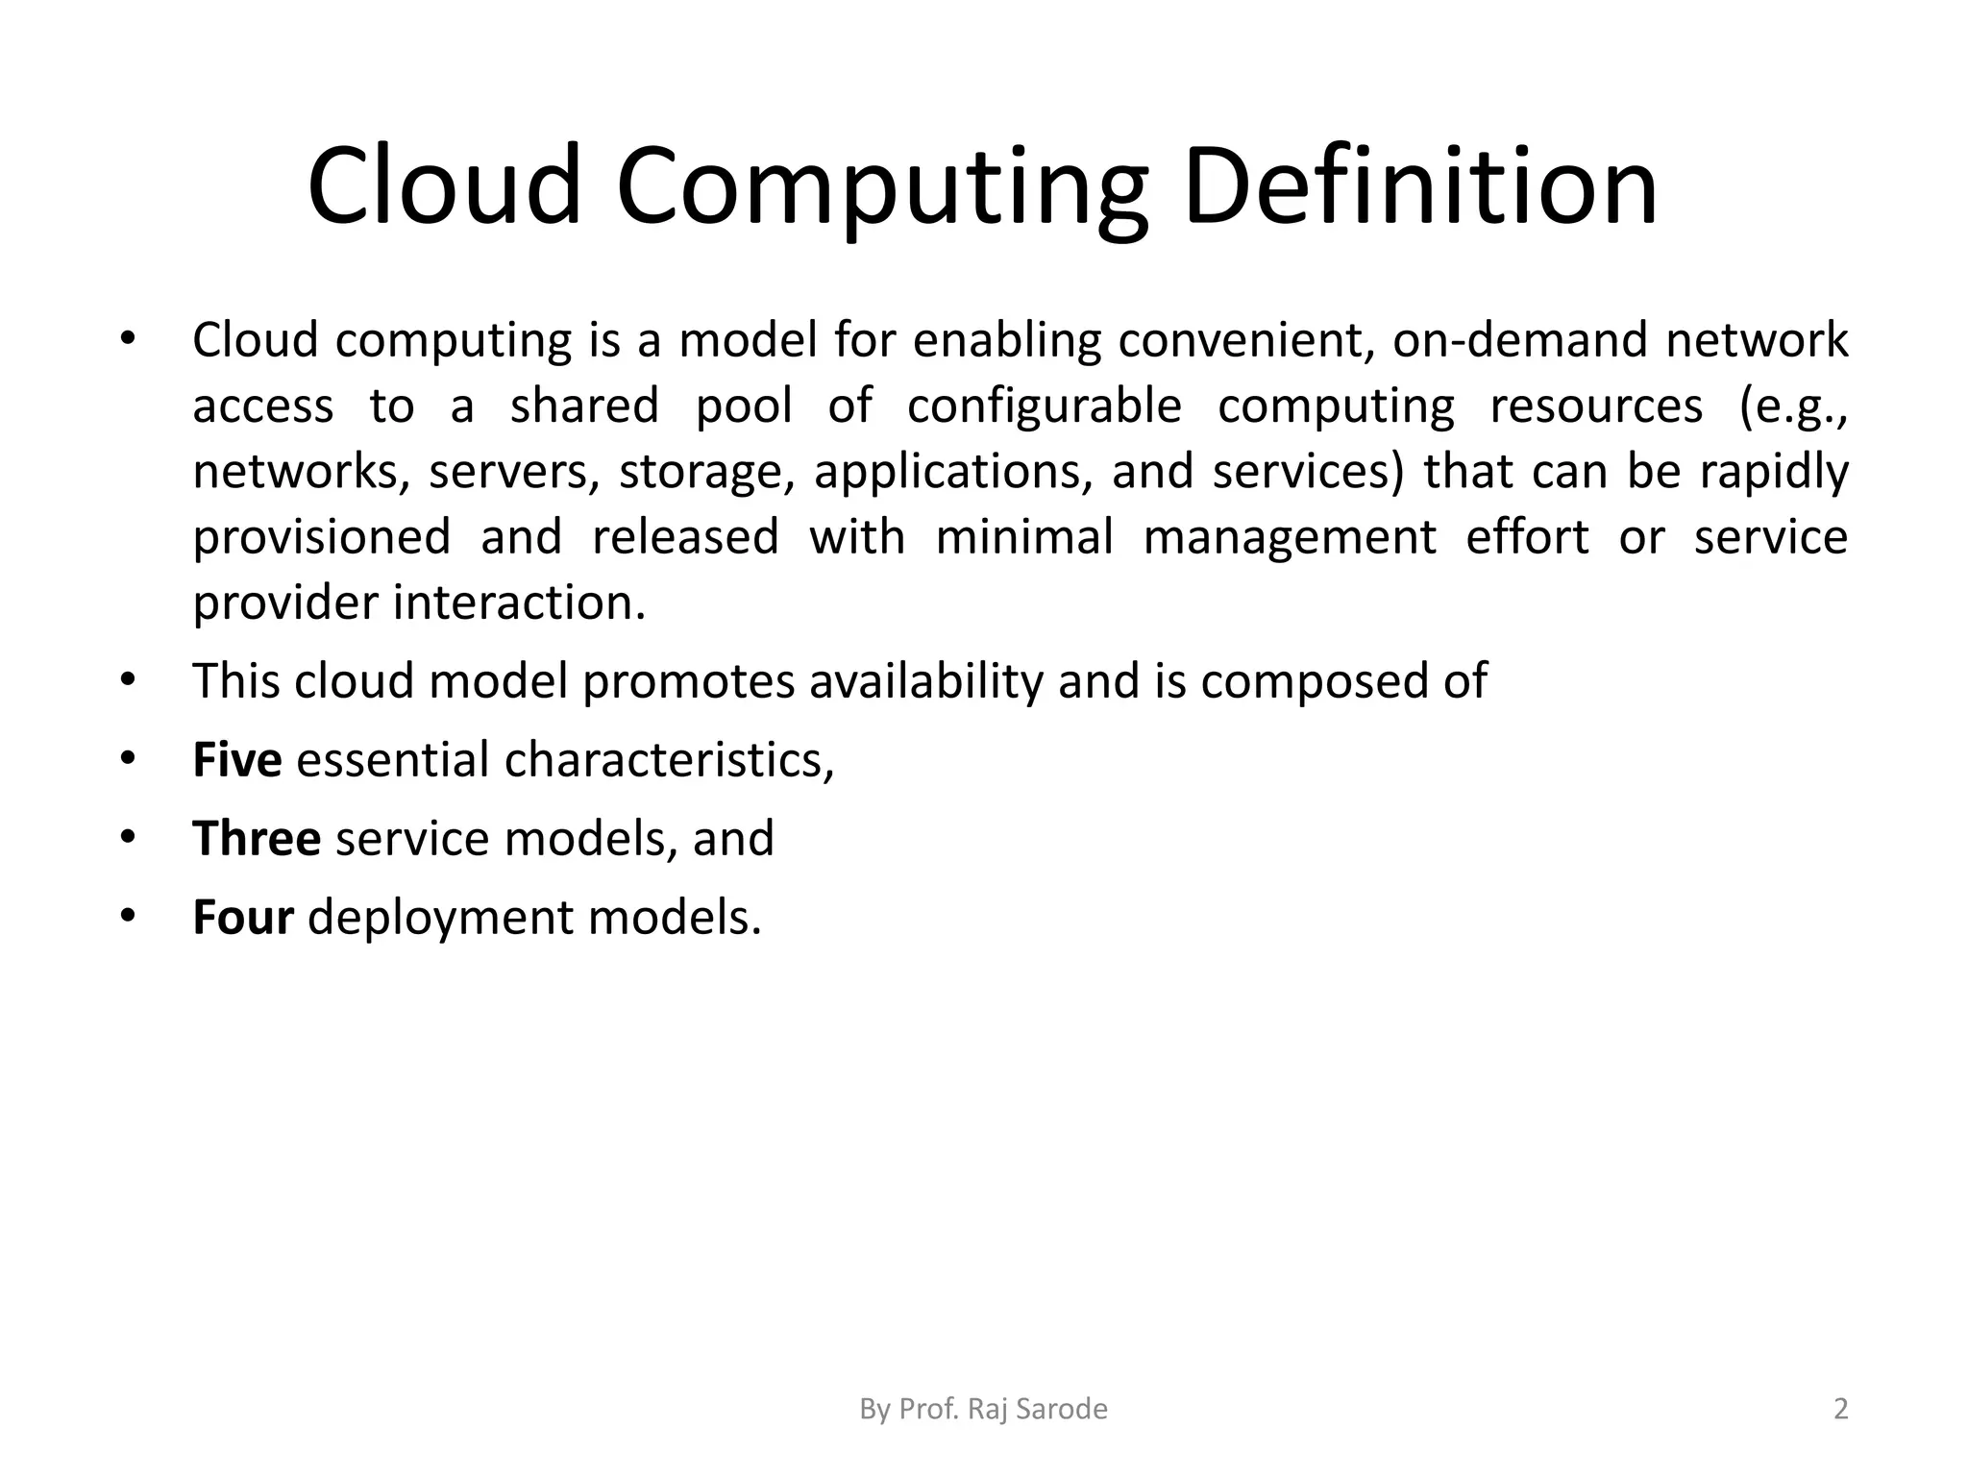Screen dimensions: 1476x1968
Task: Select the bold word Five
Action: tap(236, 759)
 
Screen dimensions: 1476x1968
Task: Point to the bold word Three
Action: tap(257, 838)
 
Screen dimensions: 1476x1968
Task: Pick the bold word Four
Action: tap(242, 917)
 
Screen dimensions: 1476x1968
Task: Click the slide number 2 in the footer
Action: tap(1840, 1409)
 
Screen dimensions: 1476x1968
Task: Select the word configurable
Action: tap(1044, 406)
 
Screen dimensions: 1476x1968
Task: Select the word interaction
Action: tap(519, 603)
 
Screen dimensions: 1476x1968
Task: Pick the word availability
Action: tap(925, 681)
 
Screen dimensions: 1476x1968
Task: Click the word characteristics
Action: tap(669, 760)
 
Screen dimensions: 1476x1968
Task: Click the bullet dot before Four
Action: tap(129, 916)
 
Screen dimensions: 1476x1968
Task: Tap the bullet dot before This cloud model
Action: tap(129, 679)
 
